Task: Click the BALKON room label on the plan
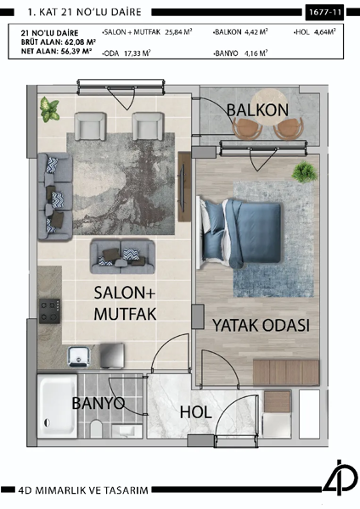point(257,110)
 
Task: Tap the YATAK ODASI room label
point(260,326)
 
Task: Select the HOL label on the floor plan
point(196,411)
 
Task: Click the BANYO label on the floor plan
point(98,402)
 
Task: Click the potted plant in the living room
point(50,108)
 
